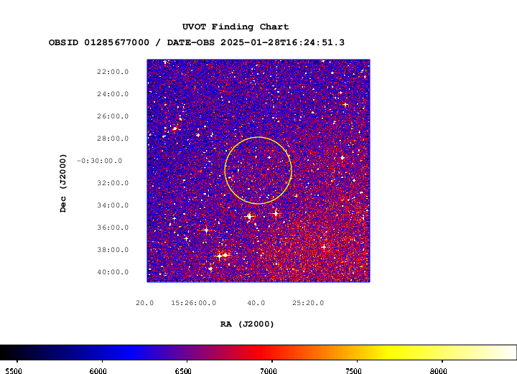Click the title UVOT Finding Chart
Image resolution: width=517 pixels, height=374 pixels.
[236, 27]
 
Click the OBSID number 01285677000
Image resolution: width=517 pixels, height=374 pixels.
[117, 42]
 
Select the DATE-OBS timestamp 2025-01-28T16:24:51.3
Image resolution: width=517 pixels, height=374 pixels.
[283, 42]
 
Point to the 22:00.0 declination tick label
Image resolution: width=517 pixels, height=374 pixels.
[113, 72]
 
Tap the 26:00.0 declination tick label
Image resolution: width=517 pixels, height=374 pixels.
[113, 116]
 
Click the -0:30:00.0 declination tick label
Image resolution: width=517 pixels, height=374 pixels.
[100, 161]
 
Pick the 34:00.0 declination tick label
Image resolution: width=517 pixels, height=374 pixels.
[113, 205]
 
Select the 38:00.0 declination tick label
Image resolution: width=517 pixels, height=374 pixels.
[113, 250]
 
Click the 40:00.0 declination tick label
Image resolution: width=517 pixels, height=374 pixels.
[113, 272]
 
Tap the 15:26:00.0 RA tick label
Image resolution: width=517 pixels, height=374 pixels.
[194, 303]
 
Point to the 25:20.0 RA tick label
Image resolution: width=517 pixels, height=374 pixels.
[308, 303]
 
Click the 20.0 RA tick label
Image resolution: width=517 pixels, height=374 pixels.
[145, 303]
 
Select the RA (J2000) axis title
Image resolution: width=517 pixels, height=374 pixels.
[247, 324]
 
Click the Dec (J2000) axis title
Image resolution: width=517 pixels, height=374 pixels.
[63, 183]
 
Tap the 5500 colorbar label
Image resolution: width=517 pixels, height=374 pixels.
[14, 371]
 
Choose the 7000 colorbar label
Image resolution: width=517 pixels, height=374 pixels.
[269, 371]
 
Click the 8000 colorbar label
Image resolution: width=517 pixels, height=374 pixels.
[439, 371]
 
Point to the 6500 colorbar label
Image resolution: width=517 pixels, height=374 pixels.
[183, 371]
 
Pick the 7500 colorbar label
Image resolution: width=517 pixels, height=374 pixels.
[353, 371]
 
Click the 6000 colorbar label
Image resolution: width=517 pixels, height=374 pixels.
[98, 371]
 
